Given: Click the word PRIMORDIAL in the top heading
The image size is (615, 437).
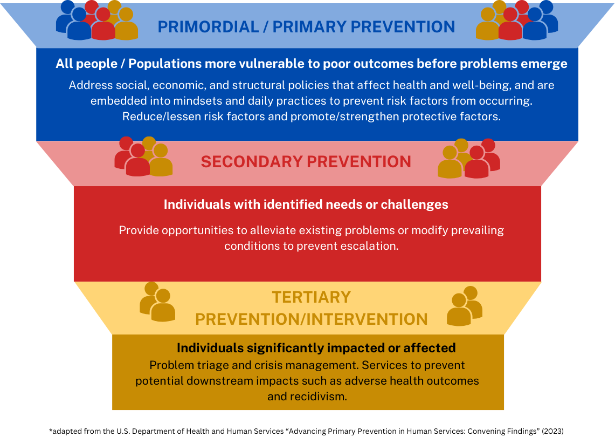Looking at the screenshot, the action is [208, 27].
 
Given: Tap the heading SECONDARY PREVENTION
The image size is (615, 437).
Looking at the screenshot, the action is [306, 162].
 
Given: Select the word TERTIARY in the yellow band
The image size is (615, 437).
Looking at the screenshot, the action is [312, 297].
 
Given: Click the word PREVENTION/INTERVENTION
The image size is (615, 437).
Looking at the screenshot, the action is [312, 319].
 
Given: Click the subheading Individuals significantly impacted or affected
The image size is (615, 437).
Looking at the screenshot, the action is [316, 348].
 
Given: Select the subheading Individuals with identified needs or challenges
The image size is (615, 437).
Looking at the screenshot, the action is [306, 204].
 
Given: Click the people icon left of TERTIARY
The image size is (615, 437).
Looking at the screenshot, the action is [157, 302].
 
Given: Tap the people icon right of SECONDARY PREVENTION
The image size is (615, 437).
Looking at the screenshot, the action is [469, 158].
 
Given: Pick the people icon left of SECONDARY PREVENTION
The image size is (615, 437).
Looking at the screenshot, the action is [143, 156].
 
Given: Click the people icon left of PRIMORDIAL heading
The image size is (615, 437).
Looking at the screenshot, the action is [97, 20].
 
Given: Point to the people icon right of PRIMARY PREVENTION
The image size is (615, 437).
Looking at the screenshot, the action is [516, 20].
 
